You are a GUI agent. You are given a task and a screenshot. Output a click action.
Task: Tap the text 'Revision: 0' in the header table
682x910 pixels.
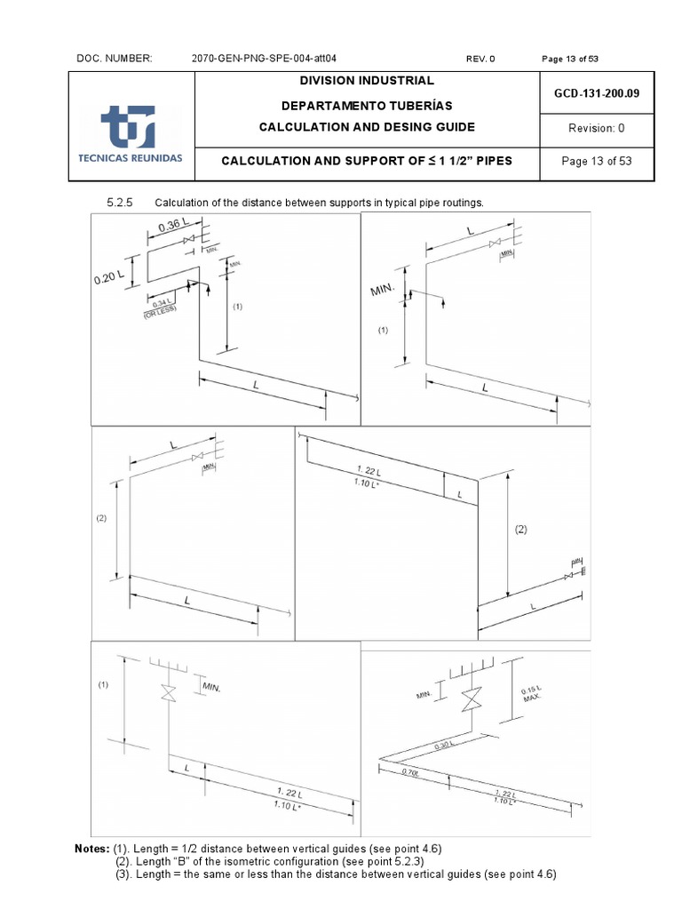[596, 128]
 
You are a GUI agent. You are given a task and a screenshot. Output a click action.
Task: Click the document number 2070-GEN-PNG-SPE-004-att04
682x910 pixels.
[264, 59]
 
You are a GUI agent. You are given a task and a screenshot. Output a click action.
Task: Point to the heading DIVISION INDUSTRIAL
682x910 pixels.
[366, 81]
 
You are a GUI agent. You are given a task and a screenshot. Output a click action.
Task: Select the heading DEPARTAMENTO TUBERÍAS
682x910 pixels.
[366, 104]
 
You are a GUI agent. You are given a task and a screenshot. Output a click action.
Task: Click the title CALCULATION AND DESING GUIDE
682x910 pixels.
[366, 127]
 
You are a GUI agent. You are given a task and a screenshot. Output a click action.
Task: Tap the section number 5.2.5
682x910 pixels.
[119, 203]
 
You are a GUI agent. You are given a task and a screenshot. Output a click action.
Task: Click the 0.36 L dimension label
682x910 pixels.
[175, 227]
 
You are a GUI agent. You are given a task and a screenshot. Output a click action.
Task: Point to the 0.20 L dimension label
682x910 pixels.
[109, 278]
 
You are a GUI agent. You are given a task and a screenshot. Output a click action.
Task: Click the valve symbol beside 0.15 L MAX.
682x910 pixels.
[471, 700]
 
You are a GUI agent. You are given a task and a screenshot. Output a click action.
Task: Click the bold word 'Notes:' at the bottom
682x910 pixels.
[93, 849]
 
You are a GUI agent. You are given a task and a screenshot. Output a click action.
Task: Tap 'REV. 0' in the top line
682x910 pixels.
[480, 59]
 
